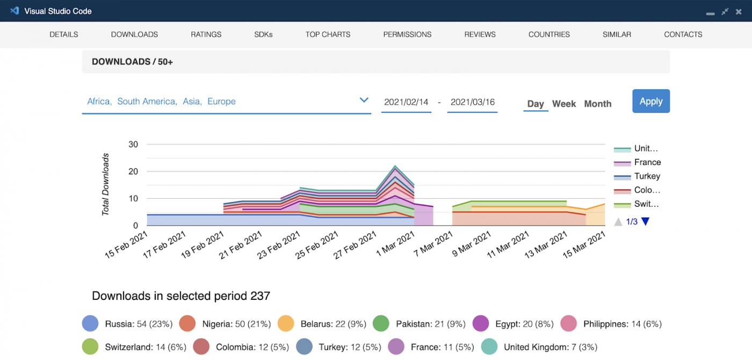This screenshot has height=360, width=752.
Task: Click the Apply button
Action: point(650,101)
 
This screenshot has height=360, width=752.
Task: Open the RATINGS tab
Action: point(206,34)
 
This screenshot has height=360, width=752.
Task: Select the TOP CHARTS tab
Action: point(328,34)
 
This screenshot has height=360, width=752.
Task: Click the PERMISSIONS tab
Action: point(407,34)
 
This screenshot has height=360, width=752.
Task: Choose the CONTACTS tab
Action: point(683,34)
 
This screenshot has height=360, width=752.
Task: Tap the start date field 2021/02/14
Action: point(406,102)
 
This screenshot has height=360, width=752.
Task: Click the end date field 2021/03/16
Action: point(472,102)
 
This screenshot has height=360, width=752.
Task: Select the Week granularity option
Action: point(563,104)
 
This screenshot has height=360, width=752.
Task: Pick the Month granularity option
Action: point(597,104)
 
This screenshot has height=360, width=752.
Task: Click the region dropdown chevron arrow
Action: point(364,100)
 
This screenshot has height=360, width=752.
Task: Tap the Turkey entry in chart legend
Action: point(647,176)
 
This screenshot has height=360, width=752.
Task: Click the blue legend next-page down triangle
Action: point(645,221)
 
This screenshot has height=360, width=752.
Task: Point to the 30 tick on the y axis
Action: point(133,144)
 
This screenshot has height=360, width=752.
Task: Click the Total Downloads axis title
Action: point(106,184)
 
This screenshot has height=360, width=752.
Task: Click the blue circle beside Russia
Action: point(90,324)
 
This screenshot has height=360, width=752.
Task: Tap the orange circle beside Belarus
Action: point(286,324)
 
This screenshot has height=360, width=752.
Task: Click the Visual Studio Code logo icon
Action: point(15,11)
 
